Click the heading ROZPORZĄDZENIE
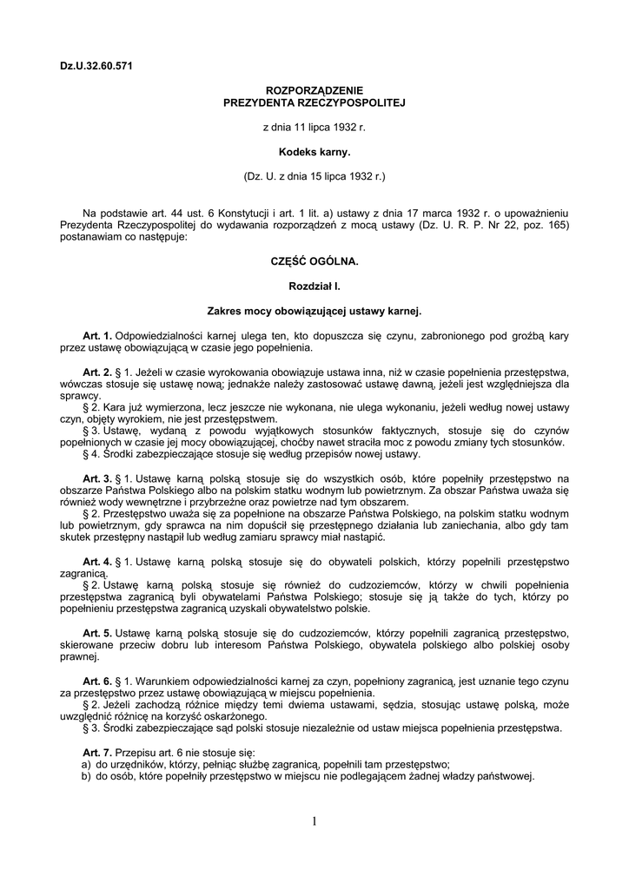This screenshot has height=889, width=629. pos(314,90)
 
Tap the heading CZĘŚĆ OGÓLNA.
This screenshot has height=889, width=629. pos(314,260)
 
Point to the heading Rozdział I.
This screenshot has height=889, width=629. pos(314,285)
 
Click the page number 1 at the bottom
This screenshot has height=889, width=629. pos(314,821)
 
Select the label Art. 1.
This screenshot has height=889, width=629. pos(97,335)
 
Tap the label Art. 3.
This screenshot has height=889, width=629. pos(97,478)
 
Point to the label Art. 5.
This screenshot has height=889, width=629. pos(97,635)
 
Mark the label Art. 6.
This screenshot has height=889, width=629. pos(97,682)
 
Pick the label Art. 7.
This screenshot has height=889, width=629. pos(97,750)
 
